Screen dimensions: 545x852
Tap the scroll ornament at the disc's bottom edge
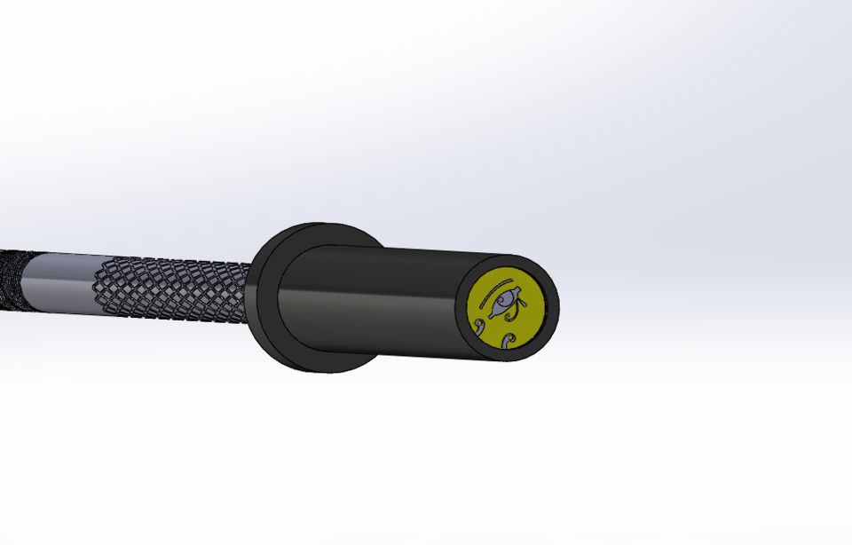pyautogui.click(x=508, y=341)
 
